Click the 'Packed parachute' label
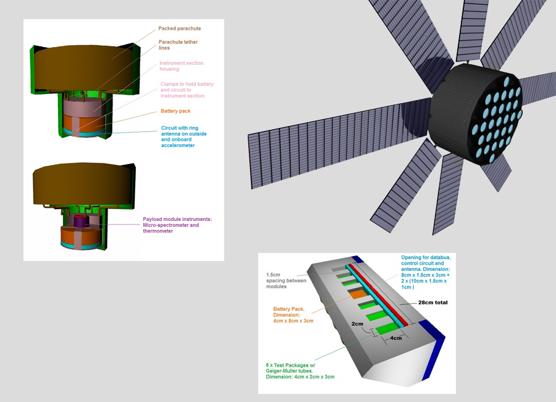(179, 28)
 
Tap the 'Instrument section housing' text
(181, 66)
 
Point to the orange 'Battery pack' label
(175, 113)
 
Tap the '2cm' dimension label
(358, 324)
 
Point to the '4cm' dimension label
(396, 338)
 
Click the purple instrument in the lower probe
(81, 221)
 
